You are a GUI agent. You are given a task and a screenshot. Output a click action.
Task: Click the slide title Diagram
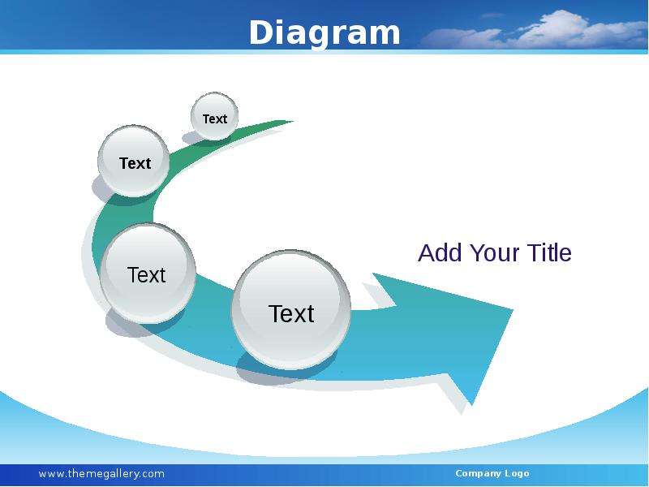pyautogui.click(x=324, y=33)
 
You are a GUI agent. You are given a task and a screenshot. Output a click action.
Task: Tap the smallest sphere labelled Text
pyautogui.click(x=214, y=116)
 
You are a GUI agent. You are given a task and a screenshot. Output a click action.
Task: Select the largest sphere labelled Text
pyautogui.click(x=291, y=309)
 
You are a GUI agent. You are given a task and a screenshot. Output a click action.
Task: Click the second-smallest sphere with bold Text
pyautogui.click(x=134, y=161)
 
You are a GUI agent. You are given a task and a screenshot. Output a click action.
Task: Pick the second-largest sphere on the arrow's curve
pyautogui.click(x=148, y=274)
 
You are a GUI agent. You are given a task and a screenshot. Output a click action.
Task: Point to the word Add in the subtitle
pyautogui.click(x=440, y=252)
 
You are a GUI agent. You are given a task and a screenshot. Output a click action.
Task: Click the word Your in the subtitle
pyautogui.click(x=494, y=252)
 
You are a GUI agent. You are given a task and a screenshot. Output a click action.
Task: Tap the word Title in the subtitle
pyautogui.click(x=549, y=252)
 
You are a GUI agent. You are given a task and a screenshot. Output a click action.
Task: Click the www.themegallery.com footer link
pyautogui.click(x=101, y=474)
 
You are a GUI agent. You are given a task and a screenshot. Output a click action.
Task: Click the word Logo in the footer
pyautogui.click(x=517, y=474)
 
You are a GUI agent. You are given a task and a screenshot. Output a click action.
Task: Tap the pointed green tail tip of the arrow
pyautogui.click(x=293, y=121)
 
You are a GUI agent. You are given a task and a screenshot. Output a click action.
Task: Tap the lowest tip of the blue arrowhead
pyautogui.click(x=471, y=404)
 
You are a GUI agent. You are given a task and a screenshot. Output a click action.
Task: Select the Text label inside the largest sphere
pyautogui.click(x=291, y=314)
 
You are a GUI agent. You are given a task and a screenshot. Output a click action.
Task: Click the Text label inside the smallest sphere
pyautogui.click(x=215, y=119)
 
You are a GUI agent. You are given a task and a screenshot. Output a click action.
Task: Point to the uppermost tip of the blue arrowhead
pyautogui.click(x=373, y=274)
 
